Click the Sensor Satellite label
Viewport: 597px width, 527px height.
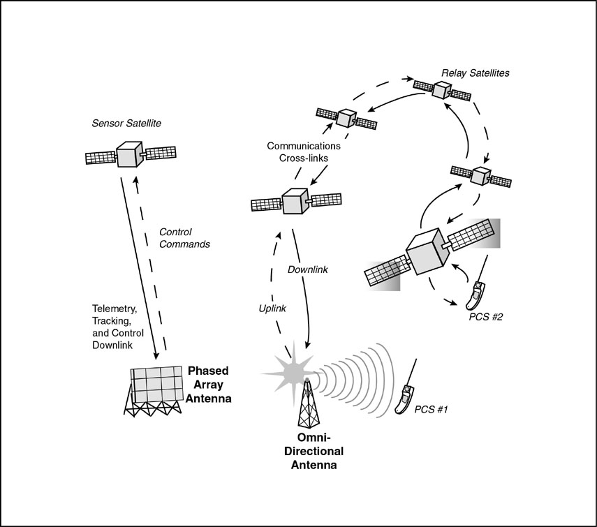(126, 124)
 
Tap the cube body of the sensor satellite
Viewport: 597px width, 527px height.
(129, 154)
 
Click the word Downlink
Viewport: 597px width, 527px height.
(308, 269)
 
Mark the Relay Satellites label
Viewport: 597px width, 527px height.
(476, 73)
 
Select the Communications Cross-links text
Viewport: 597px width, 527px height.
(304, 153)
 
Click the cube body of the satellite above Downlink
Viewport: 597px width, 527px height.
(295, 202)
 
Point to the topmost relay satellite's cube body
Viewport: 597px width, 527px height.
(441, 90)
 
